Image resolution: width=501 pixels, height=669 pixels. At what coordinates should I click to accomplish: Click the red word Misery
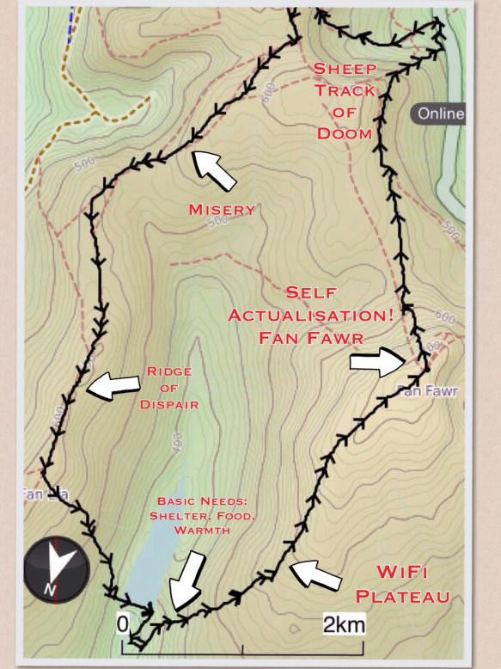tap(222, 209)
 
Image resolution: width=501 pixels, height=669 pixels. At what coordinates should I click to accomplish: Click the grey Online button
tap(439, 114)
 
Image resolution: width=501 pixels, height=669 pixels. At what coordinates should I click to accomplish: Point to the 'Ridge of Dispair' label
tap(168, 388)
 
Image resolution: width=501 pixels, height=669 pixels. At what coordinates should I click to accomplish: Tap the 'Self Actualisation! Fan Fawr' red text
tap(311, 315)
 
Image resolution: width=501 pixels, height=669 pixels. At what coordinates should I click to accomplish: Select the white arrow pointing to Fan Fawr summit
tap(378, 363)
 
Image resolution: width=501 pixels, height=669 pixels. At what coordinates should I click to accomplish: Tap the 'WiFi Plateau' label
tap(415, 584)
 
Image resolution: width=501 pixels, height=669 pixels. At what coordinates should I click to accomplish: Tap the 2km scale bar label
tap(343, 623)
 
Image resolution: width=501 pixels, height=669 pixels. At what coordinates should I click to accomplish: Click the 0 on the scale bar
tap(124, 623)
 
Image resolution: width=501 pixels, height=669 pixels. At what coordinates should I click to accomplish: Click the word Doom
tap(344, 133)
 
